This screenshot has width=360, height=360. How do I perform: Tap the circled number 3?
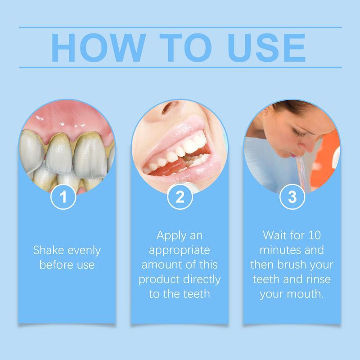tap(292, 198)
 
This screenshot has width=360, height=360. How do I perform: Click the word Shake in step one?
tap(47, 250)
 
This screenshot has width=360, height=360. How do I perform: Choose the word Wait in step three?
tap(274, 235)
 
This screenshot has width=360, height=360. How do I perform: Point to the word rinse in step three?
tap(319, 279)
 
